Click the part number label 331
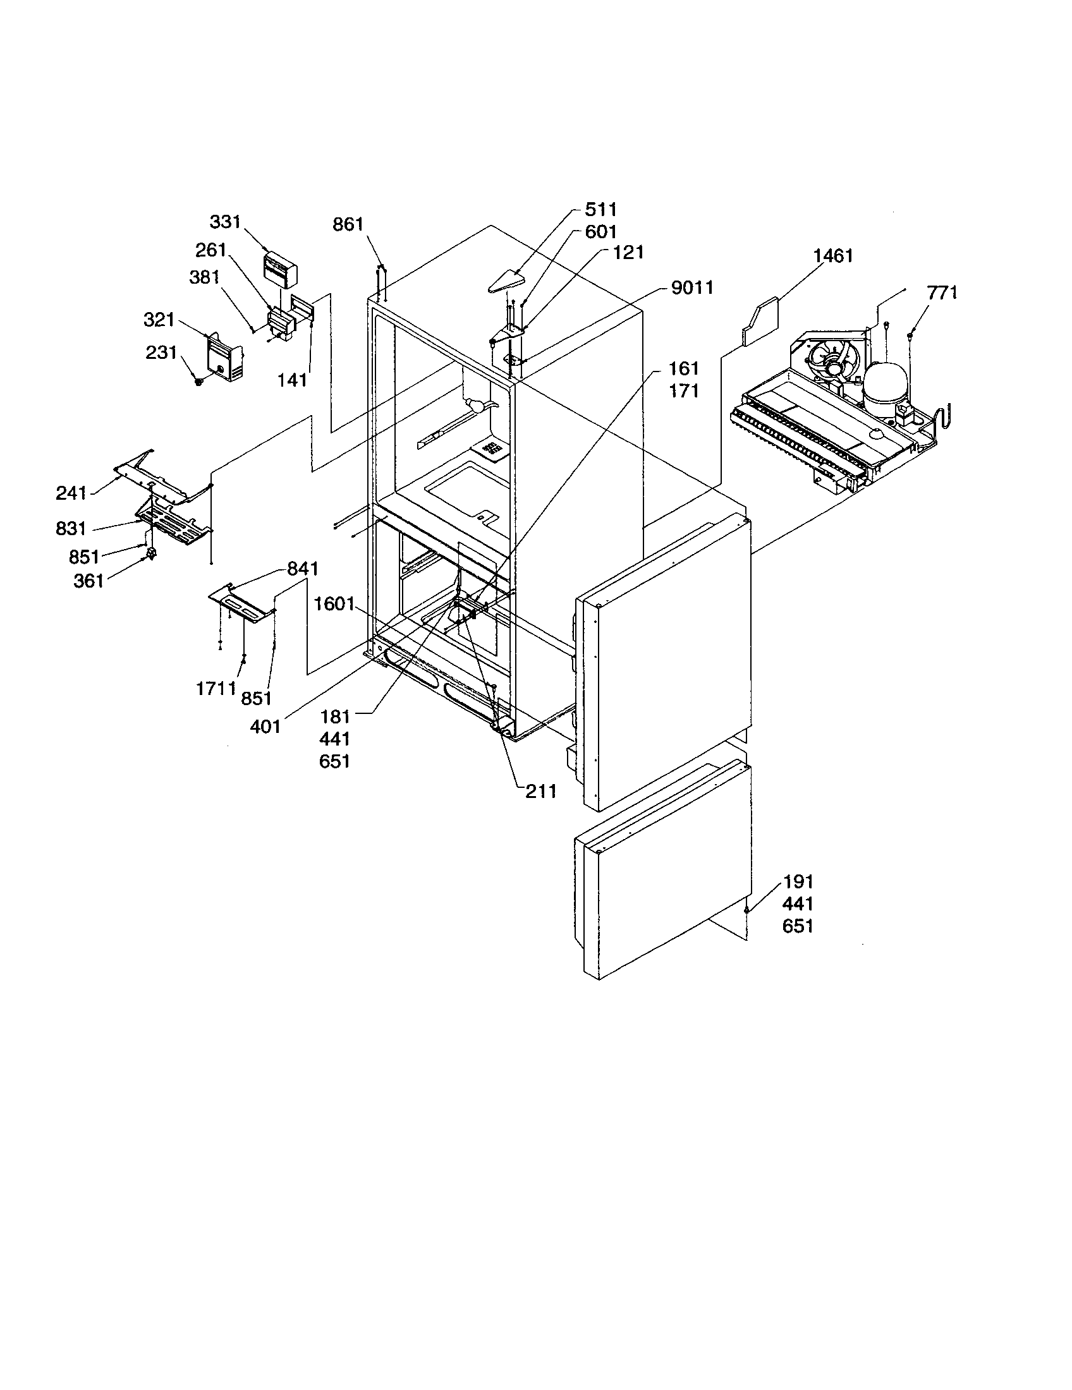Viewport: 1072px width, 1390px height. coord(225,222)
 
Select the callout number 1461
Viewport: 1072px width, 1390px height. coord(832,256)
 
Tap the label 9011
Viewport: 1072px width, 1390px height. coord(692,287)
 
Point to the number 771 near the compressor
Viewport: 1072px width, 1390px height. coord(942,293)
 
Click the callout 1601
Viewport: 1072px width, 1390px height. coord(334,603)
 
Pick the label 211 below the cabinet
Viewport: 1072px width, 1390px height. coord(540,791)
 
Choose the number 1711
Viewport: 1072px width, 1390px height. coord(216,688)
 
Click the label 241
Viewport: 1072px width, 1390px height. coord(71,493)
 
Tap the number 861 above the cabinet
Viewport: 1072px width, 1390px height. coord(348,224)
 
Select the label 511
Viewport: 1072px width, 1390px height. coord(600,209)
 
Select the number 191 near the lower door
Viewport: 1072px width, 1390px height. coord(798,882)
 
